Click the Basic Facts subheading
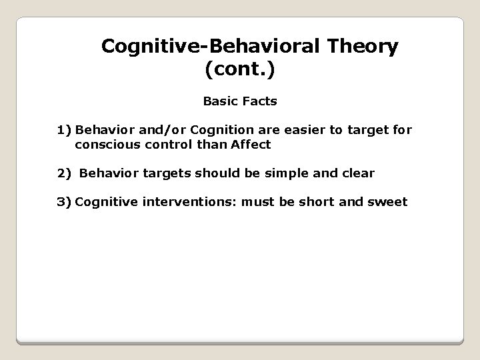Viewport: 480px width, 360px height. click(240, 103)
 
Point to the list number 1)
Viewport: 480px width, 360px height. click(64, 130)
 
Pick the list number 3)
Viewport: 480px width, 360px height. click(64, 201)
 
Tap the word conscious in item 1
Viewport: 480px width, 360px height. click(106, 144)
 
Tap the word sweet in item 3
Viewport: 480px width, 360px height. click(389, 201)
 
